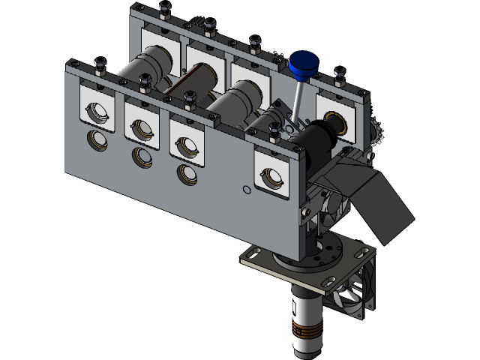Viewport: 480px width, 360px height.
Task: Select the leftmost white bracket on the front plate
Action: click(97, 106)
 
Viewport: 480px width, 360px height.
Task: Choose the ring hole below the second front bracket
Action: click(141, 156)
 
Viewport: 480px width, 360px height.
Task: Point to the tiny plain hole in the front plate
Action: click(246, 190)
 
